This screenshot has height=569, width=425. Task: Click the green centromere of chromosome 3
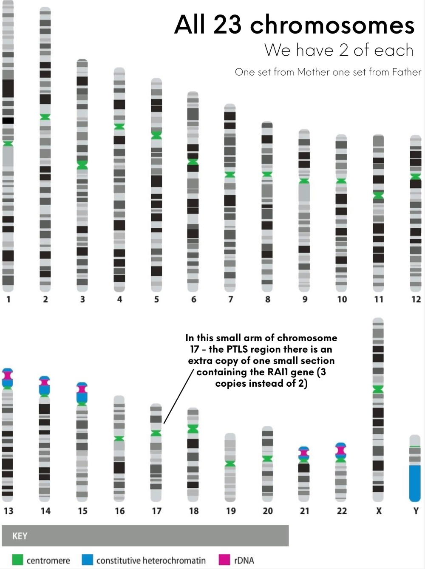pos(82,165)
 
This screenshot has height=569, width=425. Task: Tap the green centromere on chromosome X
pos(378,389)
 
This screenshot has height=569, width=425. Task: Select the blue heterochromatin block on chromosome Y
pos(415,483)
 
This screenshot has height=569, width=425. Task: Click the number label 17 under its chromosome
pos(156,511)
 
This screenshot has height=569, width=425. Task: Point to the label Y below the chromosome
pos(416,511)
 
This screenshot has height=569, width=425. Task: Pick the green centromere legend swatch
pos(17,559)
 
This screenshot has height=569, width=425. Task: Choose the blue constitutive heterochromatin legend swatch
pos(87,559)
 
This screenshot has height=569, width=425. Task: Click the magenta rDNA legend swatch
pos(224,559)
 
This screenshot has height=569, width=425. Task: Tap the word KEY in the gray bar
pos(20,536)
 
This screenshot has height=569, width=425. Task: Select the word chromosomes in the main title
pos(332,25)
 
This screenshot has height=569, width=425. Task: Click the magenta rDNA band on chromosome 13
pos(8,376)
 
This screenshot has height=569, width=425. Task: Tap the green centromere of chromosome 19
pos(230,463)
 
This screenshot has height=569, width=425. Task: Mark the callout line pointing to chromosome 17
pos(178,397)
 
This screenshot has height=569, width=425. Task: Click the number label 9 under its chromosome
pos(305,299)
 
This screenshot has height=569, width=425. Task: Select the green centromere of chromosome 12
pos(416,176)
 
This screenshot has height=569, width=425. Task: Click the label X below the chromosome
pos(379,511)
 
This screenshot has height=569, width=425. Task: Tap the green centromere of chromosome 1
pos(8,143)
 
